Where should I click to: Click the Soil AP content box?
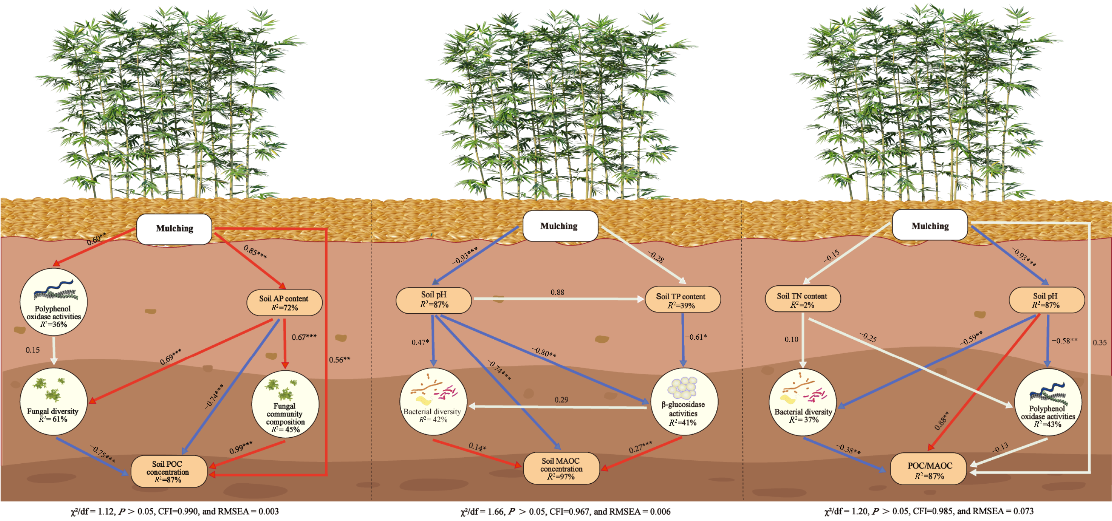284,302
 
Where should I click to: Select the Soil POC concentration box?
168,471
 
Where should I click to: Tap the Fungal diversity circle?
54,402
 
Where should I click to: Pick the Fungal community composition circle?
285,404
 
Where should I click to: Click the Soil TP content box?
682,299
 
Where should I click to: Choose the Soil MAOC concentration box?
561,468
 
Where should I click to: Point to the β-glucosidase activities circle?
684,402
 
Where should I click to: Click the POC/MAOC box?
929,470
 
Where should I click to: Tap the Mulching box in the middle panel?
560,226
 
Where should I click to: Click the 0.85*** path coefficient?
255,252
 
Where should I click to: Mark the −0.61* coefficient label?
696,337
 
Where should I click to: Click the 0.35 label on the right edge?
1099,343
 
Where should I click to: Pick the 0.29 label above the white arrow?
561,400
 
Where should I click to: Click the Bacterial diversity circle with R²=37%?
803,402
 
